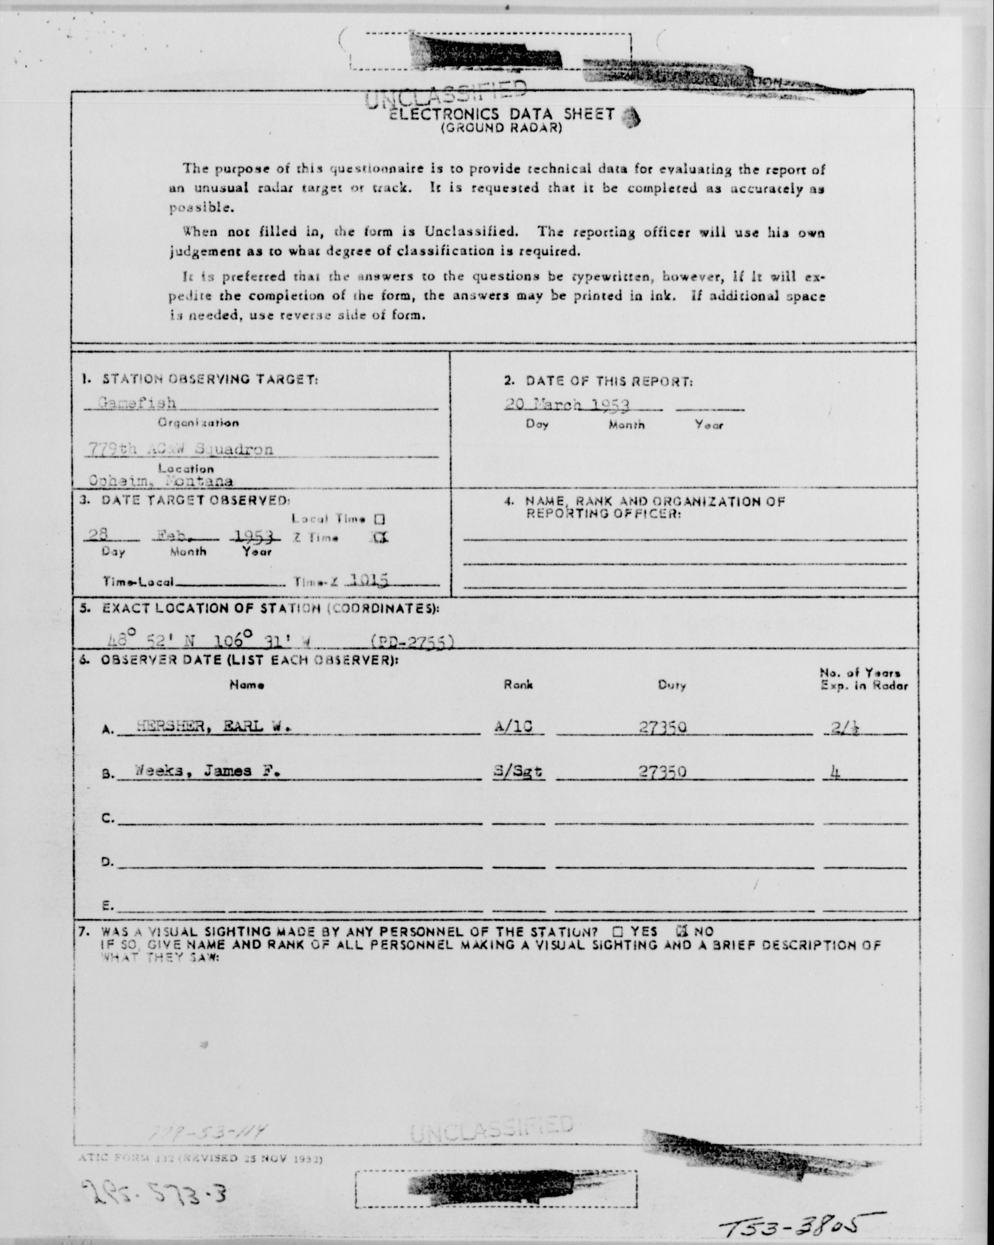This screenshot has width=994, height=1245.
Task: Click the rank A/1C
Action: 513,727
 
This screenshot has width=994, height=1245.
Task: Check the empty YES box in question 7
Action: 617,931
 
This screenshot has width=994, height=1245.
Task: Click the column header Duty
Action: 672,685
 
